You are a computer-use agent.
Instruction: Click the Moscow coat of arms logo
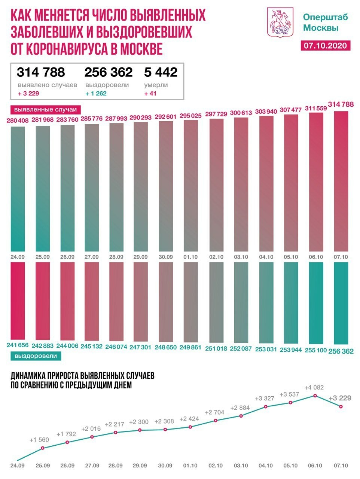(x=279, y=22)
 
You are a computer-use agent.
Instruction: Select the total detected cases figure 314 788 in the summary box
(x=41, y=72)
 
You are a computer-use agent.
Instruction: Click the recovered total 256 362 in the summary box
(x=109, y=72)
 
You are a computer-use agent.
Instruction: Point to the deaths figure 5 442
(x=161, y=72)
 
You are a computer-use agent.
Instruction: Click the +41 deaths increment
(x=150, y=94)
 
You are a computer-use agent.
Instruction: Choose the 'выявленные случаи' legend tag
(x=45, y=110)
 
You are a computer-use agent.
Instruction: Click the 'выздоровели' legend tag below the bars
(x=36, y=356)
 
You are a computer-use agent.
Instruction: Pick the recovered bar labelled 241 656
(x=18, y=301)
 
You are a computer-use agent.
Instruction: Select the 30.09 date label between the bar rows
(x=165, y=257)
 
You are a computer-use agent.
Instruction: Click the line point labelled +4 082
(x=315, y=396)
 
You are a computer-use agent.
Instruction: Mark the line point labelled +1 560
(x=43, y=448)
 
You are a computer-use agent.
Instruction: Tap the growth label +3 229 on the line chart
(x=340, y=398)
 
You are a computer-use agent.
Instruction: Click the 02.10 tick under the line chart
(x=216, y=466)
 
